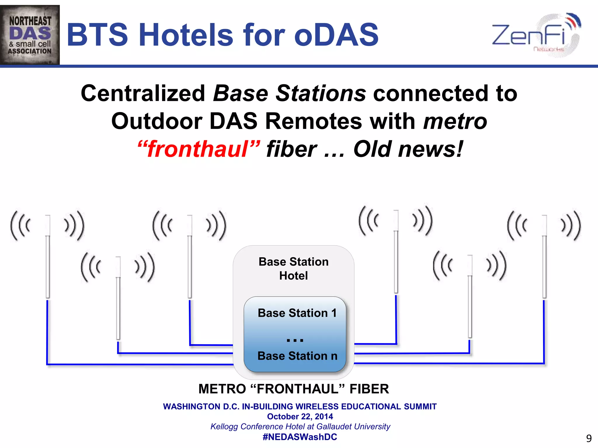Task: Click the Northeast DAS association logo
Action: [30, 35]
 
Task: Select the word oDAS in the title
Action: [336, 35]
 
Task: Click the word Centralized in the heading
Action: [143, 93]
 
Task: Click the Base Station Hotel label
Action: [293, 268]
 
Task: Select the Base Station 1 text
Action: [297, 313]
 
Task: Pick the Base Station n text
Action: [297, 356]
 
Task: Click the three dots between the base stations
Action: [295, 340]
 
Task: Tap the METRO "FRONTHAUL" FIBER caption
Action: [293, 389]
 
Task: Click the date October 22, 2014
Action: [300, 416]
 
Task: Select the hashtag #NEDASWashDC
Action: [300, 437]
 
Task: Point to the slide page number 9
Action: [589, 438]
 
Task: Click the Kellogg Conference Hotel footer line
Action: [300, 427]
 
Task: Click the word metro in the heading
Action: [455, 121]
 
